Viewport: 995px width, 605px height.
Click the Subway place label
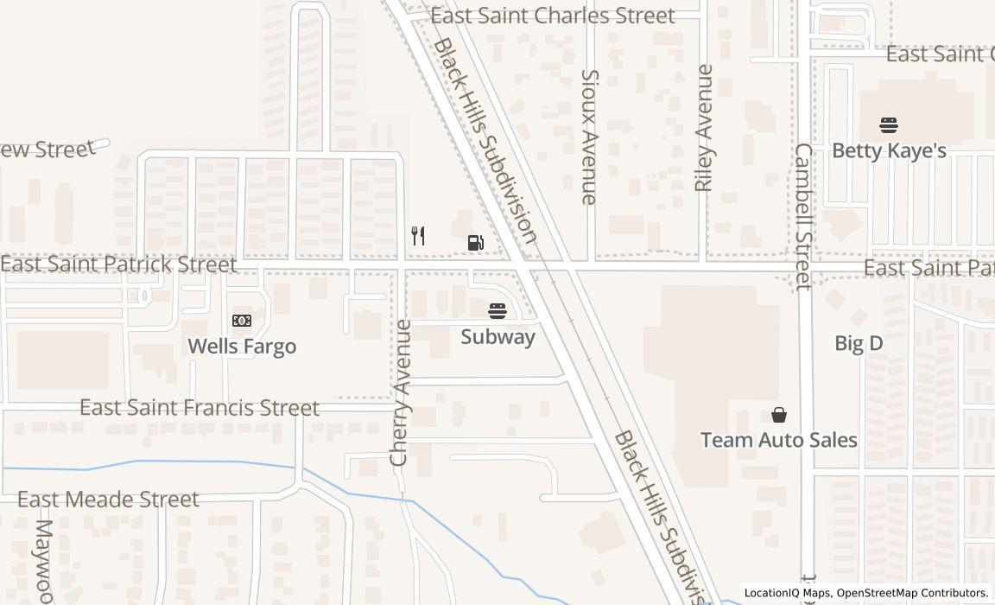point(497,337)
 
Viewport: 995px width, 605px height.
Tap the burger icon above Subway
point(497,310)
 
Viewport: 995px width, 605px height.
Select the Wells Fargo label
point(242,347)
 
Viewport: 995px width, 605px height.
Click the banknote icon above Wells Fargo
point(242,321)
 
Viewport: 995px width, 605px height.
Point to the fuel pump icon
point(475,243)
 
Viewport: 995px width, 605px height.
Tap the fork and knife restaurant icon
point(418,236)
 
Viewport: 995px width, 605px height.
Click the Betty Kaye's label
point(889,151)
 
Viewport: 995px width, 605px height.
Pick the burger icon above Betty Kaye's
point(889,125)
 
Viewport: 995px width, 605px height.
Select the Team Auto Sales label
point(778,440)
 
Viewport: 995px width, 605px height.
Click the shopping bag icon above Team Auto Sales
point(779,415)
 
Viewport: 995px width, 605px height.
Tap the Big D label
point(859,343)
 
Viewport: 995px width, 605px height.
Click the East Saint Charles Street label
point(552,16)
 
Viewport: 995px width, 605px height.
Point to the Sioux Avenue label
point(589,137)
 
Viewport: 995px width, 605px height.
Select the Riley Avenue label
point(704,128)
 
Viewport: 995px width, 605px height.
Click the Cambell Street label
point(803,216)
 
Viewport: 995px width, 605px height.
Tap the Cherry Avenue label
point(399,393)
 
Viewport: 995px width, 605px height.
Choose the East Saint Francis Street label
point(200,407)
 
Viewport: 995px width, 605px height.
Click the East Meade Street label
point(108,500)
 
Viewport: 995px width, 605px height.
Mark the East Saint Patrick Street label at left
point(118,264)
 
